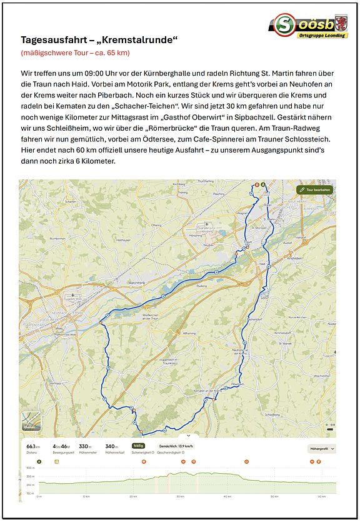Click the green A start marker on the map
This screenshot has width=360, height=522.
coord(262,184)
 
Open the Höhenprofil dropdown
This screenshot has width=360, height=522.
coord(322,449)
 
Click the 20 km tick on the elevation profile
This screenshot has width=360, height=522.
coord(133,497)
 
